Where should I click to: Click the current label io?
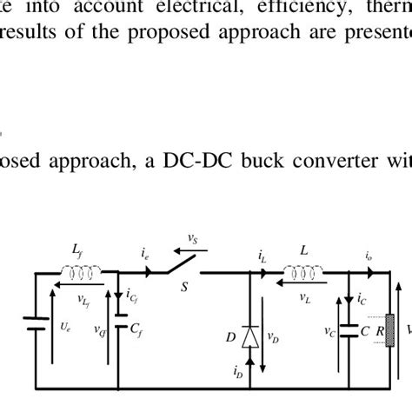pos(369,257)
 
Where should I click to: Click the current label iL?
pos(262,257)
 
